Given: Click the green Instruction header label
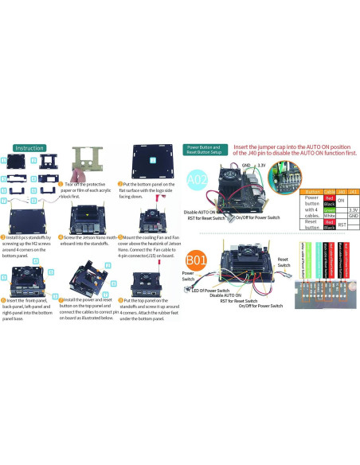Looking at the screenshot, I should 29,148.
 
